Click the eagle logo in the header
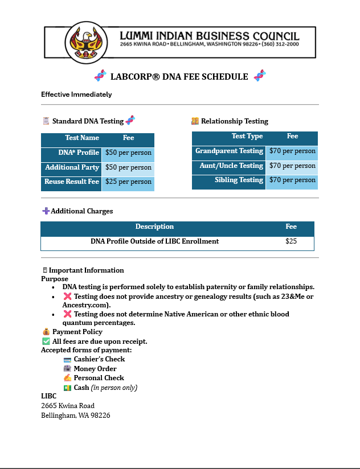pos(87,42)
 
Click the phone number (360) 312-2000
pos(280,44)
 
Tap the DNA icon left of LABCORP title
pos(100,76)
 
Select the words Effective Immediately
pos(76,94)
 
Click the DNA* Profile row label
pos(79,153)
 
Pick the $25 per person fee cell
pos(128,182)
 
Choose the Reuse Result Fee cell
pos(72,182)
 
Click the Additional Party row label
pos(72,167)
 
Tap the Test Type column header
pos(247,137)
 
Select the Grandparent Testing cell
pos(229,151)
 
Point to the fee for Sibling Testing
pos(292,180)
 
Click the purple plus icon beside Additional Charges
pos(46,211)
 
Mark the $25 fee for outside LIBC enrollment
pos(291,241)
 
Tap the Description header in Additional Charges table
pos(154,227)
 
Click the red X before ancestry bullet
pos(67,297)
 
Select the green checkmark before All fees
pos(46,341)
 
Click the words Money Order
pos(95,369)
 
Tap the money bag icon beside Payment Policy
pos(46,332)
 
